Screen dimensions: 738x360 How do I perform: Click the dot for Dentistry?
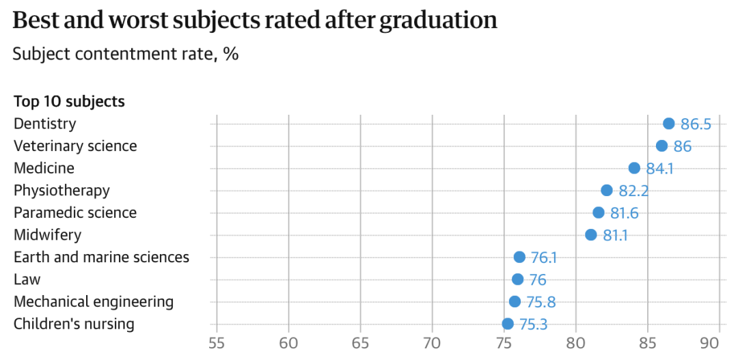[x=668, y=124]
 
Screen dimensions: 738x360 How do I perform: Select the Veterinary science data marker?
[x=661, y=146]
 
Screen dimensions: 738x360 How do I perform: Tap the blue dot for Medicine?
[x=634, y=168]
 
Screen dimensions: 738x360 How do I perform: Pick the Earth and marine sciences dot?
[x=519, y=257]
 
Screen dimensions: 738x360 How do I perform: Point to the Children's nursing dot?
[x=507, y=324]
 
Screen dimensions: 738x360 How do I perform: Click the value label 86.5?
[x=696, y=125]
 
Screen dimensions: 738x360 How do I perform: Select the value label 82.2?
[x=633, y=191]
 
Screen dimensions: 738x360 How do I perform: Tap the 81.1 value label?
[x=615, y=235]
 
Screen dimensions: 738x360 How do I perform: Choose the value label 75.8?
[x=541, y=302]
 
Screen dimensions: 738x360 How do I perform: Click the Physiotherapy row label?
[x=61, y=191]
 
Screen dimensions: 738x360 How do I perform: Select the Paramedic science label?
[x=75, y=212]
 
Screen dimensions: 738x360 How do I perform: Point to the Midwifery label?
[x=48, y=235]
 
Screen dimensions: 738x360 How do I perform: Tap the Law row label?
[x=27, y=279]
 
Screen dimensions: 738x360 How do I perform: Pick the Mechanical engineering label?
[x=94, y=302]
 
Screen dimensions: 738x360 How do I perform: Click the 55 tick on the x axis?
[x=217, y=344]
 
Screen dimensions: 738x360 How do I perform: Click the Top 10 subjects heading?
[x=69, y=102]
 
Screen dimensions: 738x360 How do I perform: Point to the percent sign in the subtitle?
[x=231, y=54]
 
